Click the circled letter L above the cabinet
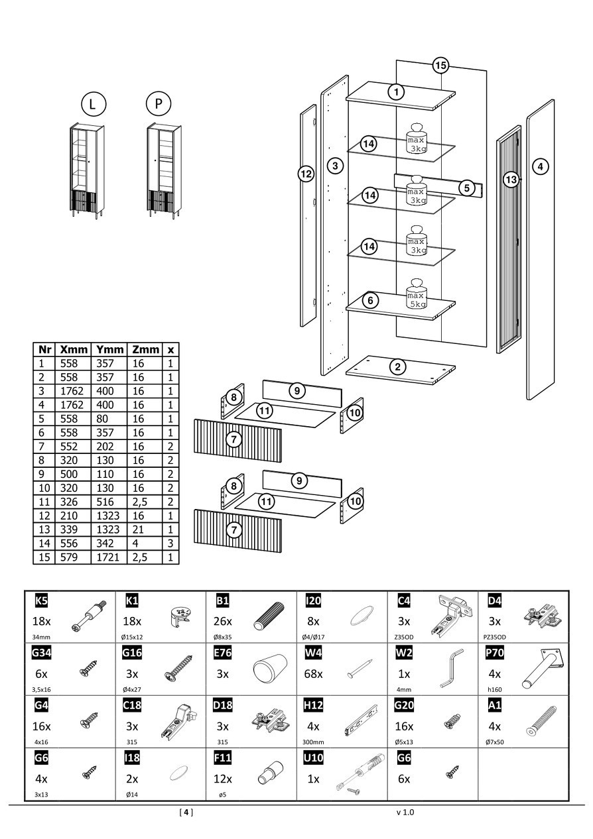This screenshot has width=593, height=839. coord(93,104)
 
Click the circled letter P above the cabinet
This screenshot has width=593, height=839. coord(158,103)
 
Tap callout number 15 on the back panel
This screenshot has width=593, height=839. coord(440,65)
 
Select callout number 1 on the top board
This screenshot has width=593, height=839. coord(396,91)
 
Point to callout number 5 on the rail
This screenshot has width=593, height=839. coord(467,188)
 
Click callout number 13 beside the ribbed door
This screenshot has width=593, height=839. coord(510,179)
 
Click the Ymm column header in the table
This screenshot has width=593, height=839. coord(109,349)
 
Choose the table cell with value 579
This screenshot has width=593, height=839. coord(69,557)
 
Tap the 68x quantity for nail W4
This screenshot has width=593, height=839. coord(313,674)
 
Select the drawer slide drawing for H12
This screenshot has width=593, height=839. coord(359,721)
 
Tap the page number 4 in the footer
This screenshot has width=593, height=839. coord(186,812)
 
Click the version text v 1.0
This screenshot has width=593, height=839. coord(405,812)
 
